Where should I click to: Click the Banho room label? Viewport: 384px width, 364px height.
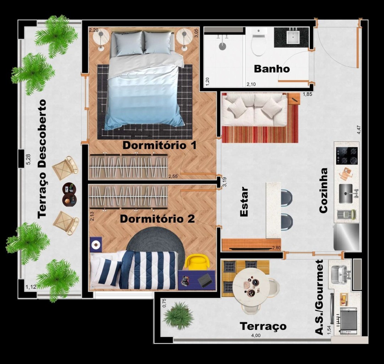(272, 69)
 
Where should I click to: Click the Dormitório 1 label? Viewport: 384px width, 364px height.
(159, 145)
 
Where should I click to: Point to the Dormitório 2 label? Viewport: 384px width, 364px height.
(157, 219)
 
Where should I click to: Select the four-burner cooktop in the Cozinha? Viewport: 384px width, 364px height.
(347, 156)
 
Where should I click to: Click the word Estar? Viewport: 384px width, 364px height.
(244, 202)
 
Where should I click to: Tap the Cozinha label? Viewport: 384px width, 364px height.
(323, 191)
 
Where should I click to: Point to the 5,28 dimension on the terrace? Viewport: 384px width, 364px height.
(28, 159)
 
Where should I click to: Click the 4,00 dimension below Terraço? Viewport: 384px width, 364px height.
(256, 336)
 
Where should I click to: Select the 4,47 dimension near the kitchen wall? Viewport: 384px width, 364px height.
(359, 130)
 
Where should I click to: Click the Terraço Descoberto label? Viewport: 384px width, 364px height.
(42, 159)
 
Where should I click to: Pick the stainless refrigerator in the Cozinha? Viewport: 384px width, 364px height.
(346, 237)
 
